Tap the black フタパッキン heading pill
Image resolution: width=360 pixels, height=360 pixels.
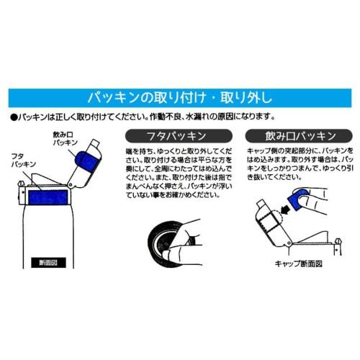(x=166, y=135)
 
